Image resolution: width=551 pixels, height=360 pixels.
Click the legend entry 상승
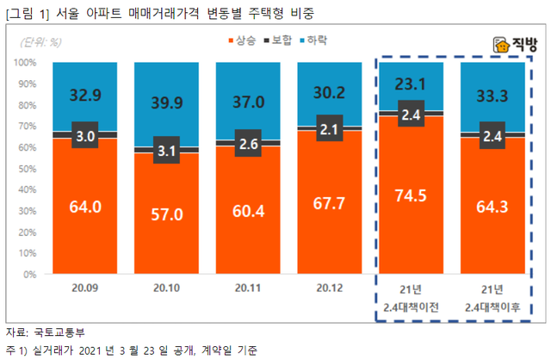[245, 40]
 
